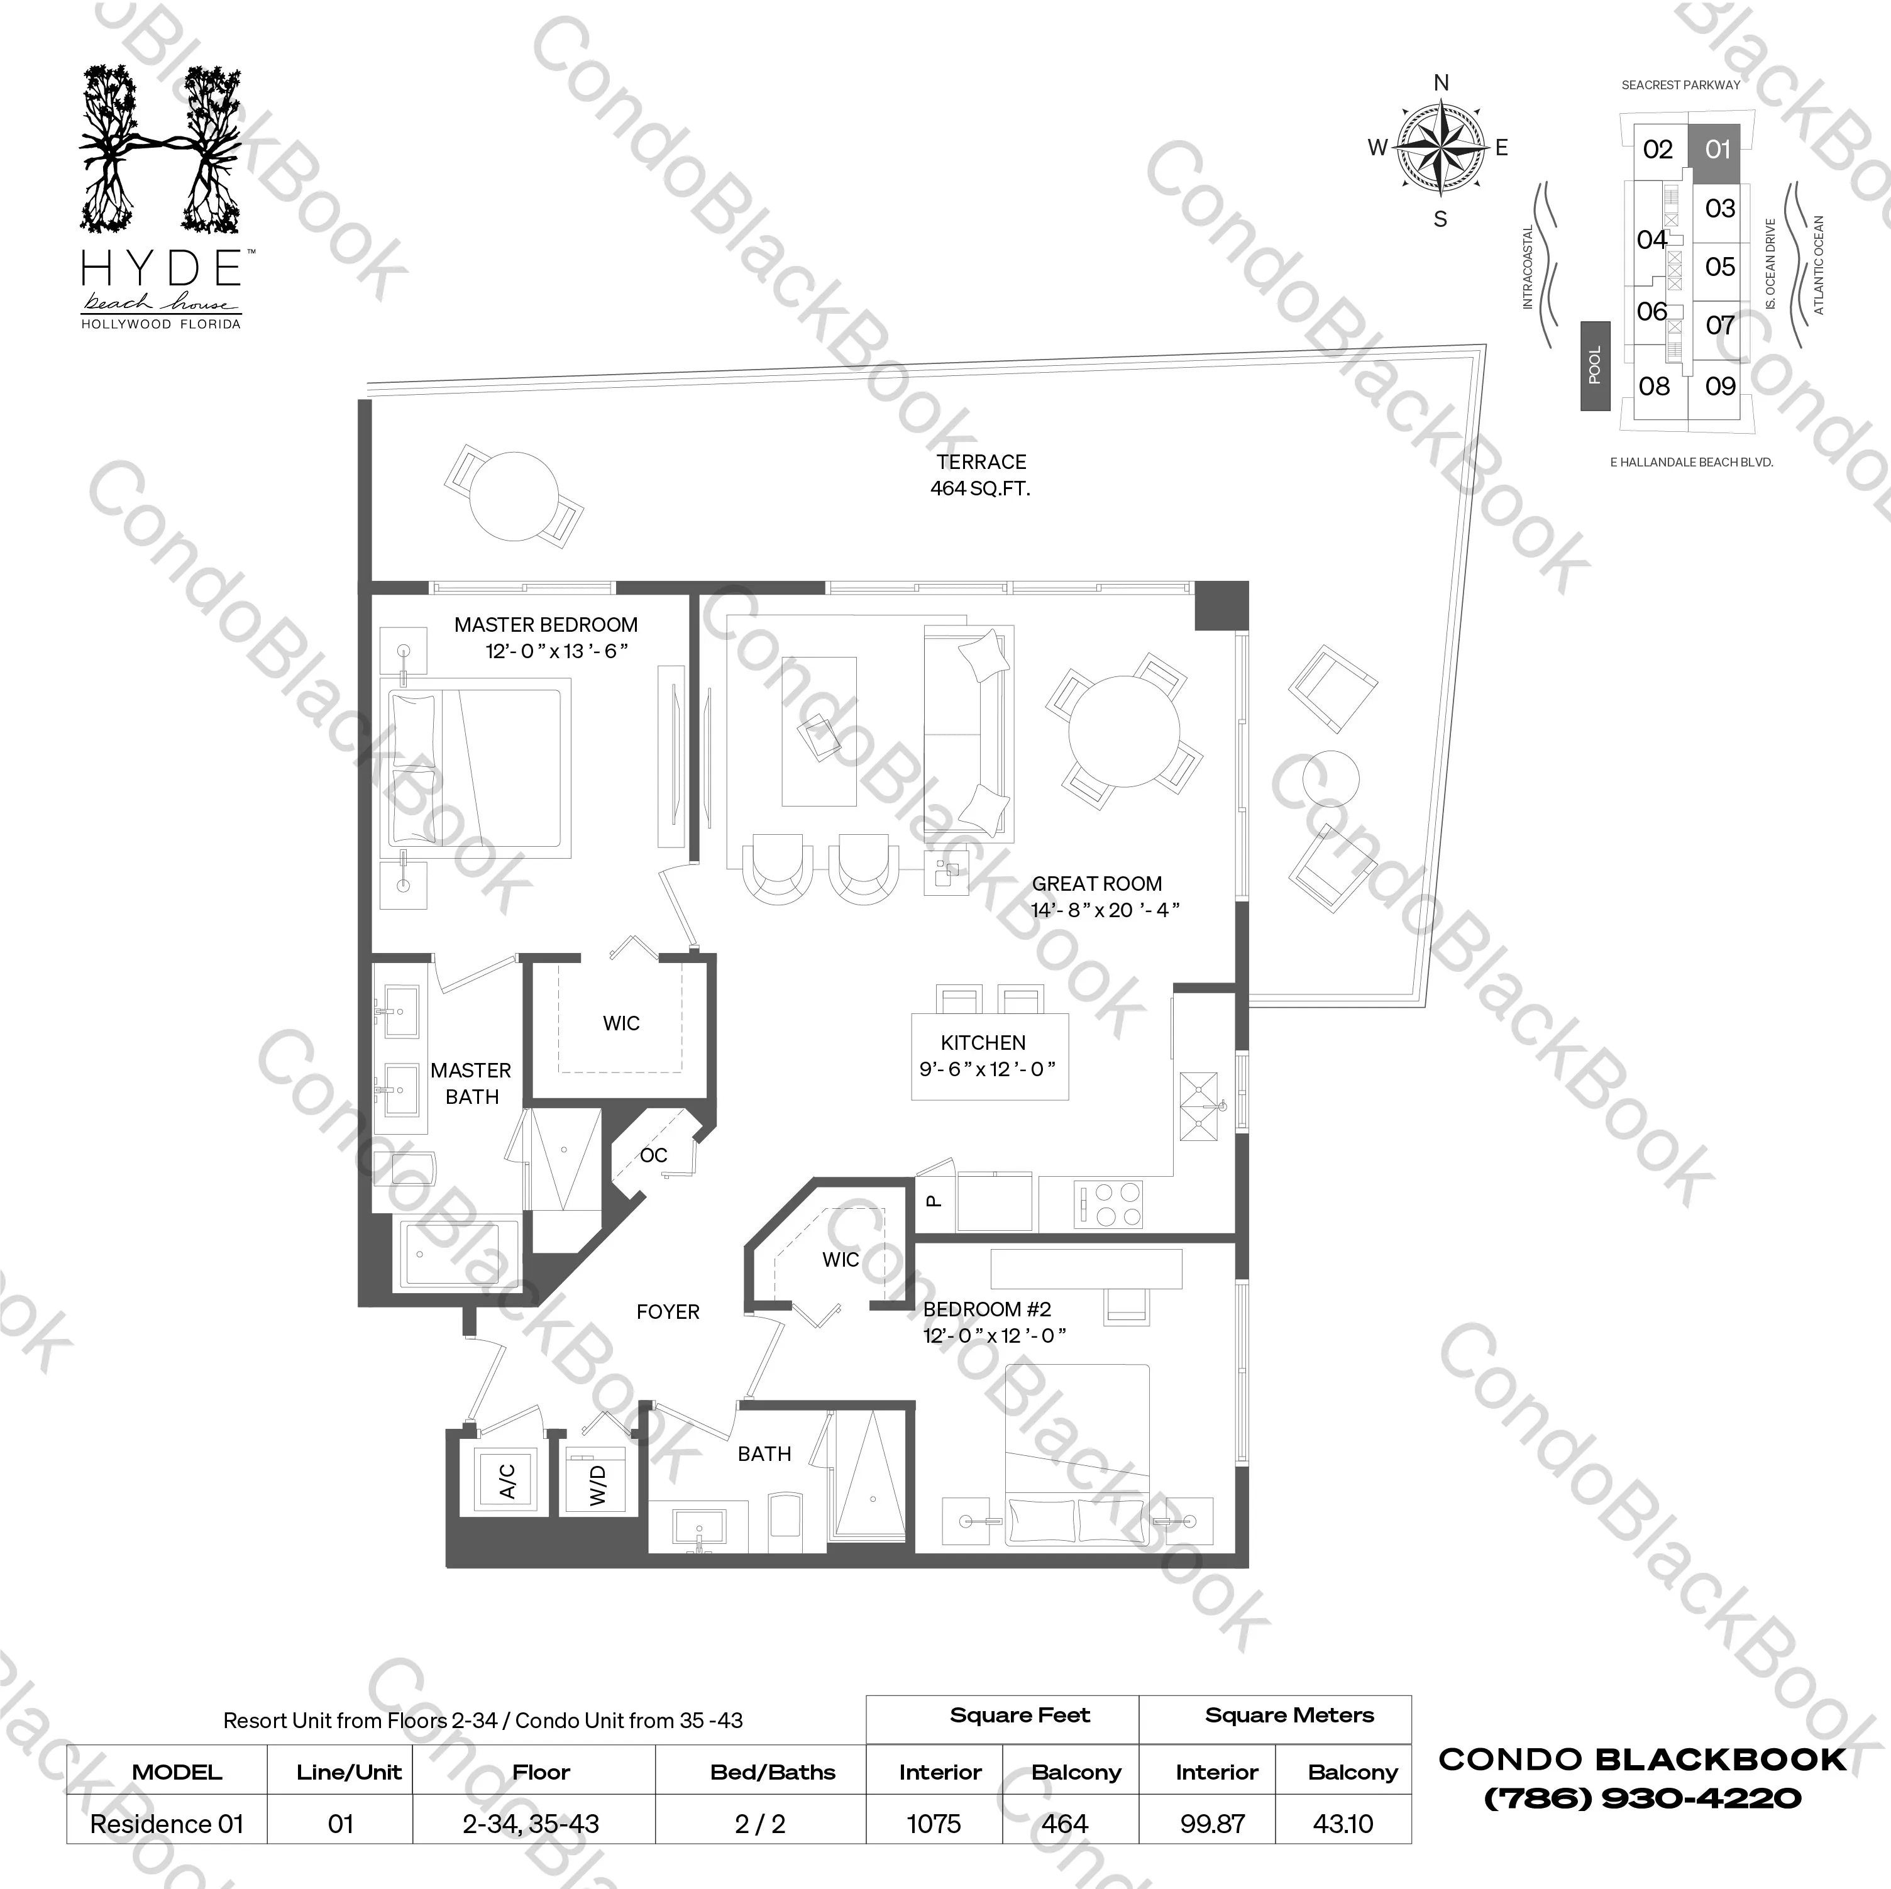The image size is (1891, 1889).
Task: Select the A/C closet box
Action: coord(506,1482)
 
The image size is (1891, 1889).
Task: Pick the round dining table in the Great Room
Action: coord(1123,730)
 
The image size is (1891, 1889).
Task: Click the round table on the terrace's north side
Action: coord(514,496)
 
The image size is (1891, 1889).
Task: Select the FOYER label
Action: coord(668,1311)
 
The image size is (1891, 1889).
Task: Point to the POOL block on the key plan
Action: coord(1594,365)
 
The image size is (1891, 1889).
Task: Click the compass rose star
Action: coord(1440,150)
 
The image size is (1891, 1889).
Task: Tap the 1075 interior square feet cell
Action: coord(934,1824)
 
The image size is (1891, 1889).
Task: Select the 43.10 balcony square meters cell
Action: coord(1343,1824)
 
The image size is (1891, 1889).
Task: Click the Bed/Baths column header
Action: coord(772,1771)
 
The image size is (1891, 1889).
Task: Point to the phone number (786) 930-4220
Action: coord(1643,1797)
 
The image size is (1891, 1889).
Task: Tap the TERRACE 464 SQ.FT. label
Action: coord(981,475)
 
